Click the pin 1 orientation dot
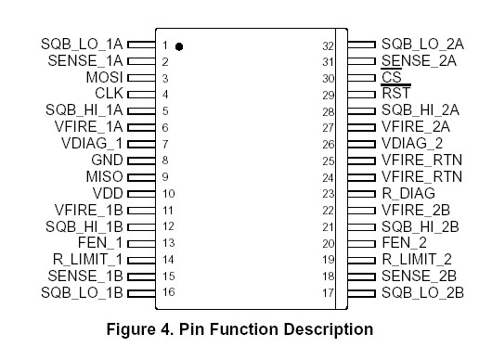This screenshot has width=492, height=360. (x=178, y=45)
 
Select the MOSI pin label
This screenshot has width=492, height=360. (x=105, y=77)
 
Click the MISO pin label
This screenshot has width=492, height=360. (x=105, y=176)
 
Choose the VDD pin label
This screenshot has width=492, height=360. (x=108, y=193)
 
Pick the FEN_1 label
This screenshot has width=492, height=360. (x=102, y=243)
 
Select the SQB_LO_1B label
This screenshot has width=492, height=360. (x=82, y=293)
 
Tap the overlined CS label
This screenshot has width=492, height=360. (x=391, y=77)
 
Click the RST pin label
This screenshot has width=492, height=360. (x=395, y=94)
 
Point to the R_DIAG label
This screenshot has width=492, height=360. (x=408, y=193)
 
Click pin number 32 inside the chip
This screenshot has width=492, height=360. (x=328, y=45)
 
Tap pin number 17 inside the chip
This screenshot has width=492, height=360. (x=328, y=293)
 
